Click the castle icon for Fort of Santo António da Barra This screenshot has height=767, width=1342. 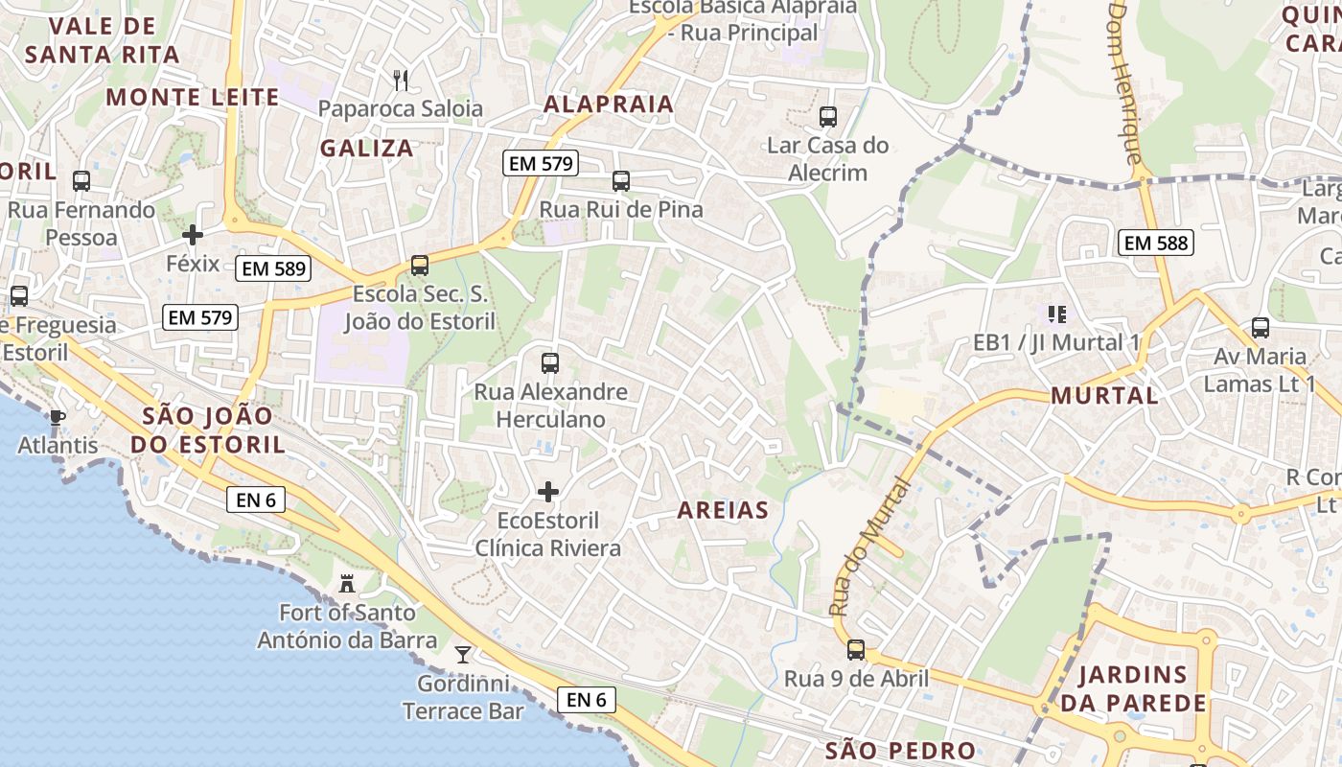(x=347, y=583)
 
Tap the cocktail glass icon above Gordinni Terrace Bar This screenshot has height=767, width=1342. (x=463, y=654)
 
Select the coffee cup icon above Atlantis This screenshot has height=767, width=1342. (x=57, y=417)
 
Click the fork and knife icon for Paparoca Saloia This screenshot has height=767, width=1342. (x=402, y=80)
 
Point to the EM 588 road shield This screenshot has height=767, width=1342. (x=1156, y=243)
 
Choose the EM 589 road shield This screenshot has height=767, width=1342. (x=274, y=268)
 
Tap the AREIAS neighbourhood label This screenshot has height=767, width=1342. (x=724, y=510)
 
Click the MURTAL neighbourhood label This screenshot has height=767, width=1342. (x=1104, y=395)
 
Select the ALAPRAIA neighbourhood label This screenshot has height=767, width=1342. (x=609, y=104)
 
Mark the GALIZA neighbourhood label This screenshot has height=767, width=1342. (x=367, y=148)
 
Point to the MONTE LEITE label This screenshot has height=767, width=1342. (x=193, y=97)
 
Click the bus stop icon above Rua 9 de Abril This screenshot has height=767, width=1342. (x=856, y=650)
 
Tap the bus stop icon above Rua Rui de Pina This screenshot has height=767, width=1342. (x=621, y=180)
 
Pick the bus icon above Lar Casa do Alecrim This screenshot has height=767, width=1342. (x=828, y=117)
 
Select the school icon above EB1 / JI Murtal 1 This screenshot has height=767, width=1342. (x=1057, y=314)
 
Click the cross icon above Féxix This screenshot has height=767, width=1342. (x=193, y=234)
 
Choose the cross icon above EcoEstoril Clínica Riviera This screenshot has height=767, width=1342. (x=548, y=492)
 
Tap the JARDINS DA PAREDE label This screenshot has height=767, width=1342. (x=1132, y=688)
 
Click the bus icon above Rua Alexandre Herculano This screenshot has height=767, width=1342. (x=550, y=362)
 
